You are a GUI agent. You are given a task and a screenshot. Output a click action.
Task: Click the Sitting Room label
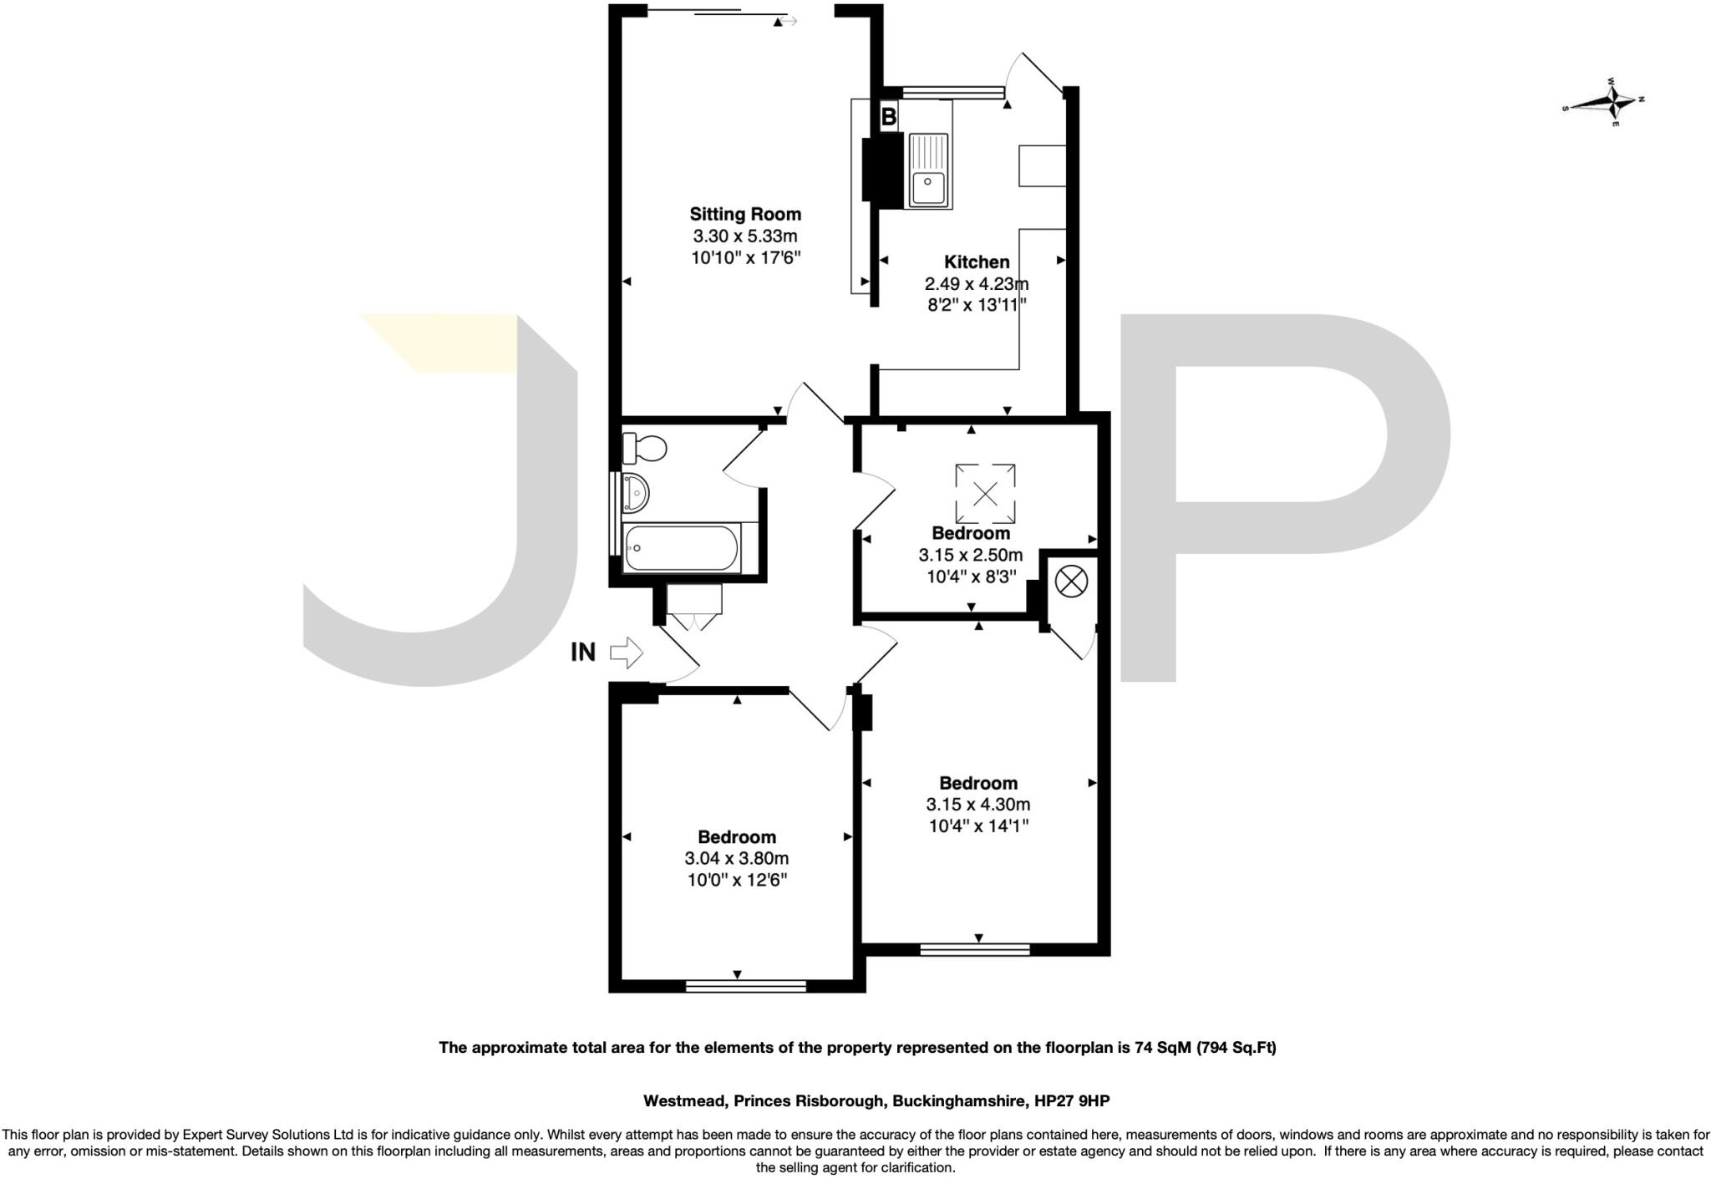pos(744,214)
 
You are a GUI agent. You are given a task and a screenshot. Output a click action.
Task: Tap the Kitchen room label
pos(977,262)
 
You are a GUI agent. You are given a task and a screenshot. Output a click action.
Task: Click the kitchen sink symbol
pos(929,170)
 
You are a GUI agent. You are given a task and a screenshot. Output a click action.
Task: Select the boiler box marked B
pos(889,117)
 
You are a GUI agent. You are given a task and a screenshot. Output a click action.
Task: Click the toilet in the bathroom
pos(645,449)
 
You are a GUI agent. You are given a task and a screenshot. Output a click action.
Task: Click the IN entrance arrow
pos(627,652)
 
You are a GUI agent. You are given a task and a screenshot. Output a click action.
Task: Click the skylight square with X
pos(985,493)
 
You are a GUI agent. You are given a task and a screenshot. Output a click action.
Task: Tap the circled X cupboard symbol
pos(1071,581)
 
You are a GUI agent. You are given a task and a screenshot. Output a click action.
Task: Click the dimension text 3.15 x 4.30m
pos(977,805)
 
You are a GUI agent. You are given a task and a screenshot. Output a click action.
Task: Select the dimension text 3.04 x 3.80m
pos(736,858)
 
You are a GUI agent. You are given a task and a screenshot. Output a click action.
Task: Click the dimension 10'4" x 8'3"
pos(971,577)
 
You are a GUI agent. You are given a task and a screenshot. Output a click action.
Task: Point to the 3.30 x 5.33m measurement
pos(744,236)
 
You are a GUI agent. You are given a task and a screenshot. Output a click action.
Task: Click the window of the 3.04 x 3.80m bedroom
pos(745,986)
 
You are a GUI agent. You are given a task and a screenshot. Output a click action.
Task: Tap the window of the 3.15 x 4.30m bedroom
pos(975,949)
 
